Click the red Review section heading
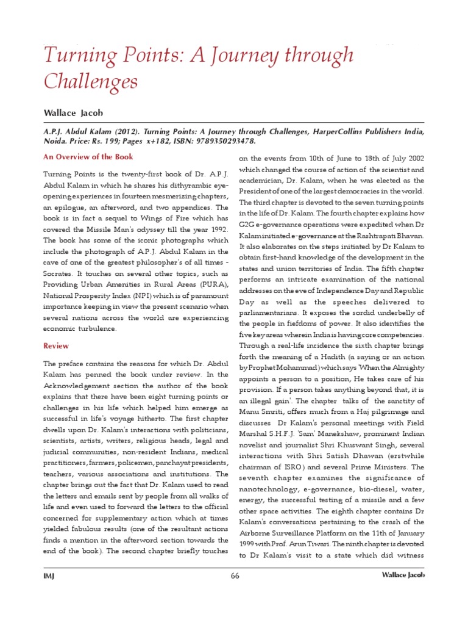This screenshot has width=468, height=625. point(56,346)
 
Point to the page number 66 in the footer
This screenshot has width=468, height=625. point(235,576)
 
